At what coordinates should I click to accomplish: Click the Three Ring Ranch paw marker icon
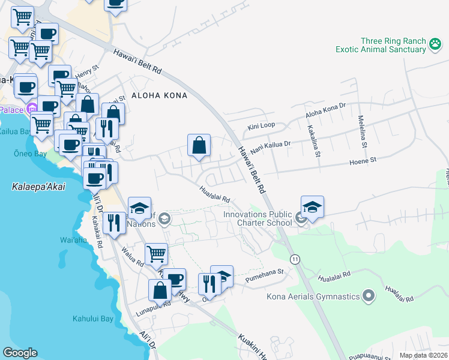[436, 43]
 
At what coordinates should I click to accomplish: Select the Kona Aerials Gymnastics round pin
[369, 296]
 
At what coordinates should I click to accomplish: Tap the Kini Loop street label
[261, 127]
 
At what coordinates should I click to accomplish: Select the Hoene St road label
[363, 161]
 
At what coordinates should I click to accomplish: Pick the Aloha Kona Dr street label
[326, 109]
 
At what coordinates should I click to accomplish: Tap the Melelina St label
[362, 131]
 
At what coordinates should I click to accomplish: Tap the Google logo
[20, 353]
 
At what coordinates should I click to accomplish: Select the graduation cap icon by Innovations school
[312, 208]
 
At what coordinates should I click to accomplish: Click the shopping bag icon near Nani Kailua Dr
[199, 146]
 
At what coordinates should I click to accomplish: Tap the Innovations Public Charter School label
[258, 218]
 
